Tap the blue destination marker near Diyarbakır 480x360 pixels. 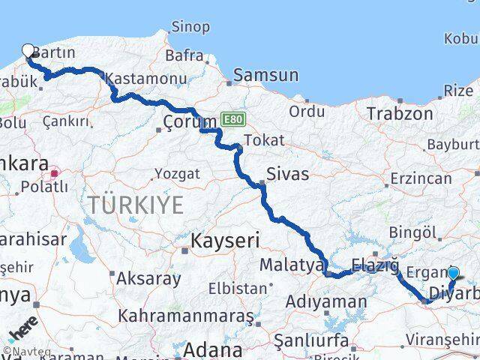point(453,274)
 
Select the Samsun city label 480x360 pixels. point(265,75)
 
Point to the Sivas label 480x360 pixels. point(288,174)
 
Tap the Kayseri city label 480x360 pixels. point(225,241)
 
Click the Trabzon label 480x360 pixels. point(400,114)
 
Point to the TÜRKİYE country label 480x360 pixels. point(135,204)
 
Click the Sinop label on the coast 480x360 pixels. point(190,27)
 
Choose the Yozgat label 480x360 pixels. point(177,173)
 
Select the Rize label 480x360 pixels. point(458,91)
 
